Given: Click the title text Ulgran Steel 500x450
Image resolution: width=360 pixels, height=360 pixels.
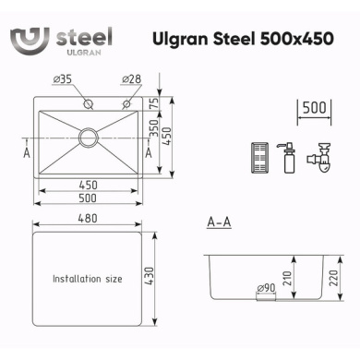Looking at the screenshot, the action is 243,39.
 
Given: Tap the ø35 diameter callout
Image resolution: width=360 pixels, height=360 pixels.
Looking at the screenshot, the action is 63,79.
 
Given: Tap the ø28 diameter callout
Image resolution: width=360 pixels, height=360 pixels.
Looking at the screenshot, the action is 132,79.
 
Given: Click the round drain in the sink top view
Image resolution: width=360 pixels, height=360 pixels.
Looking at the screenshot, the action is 89,138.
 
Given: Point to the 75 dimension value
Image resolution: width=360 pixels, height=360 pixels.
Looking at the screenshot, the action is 154,103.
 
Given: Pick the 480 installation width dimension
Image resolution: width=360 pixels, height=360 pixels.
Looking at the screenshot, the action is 88,219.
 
